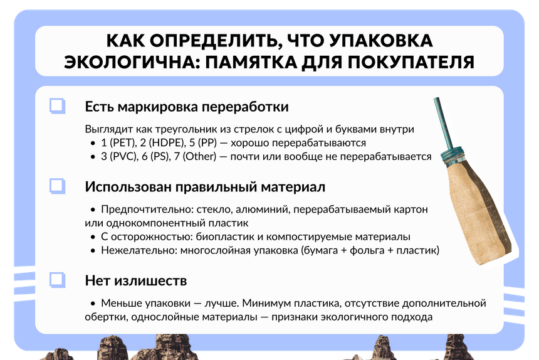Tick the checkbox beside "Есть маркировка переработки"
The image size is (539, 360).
[58, 105]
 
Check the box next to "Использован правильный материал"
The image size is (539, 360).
[58, 186]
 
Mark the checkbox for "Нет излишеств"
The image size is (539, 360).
[58, 280]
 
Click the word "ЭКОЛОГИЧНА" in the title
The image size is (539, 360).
[132, 63]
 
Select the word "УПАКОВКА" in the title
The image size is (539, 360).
[381, 41]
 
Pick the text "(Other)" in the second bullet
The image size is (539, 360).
[199, 156]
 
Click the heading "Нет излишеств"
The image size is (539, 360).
[136, 280]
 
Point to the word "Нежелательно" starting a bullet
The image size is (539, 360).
[139, 250]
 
